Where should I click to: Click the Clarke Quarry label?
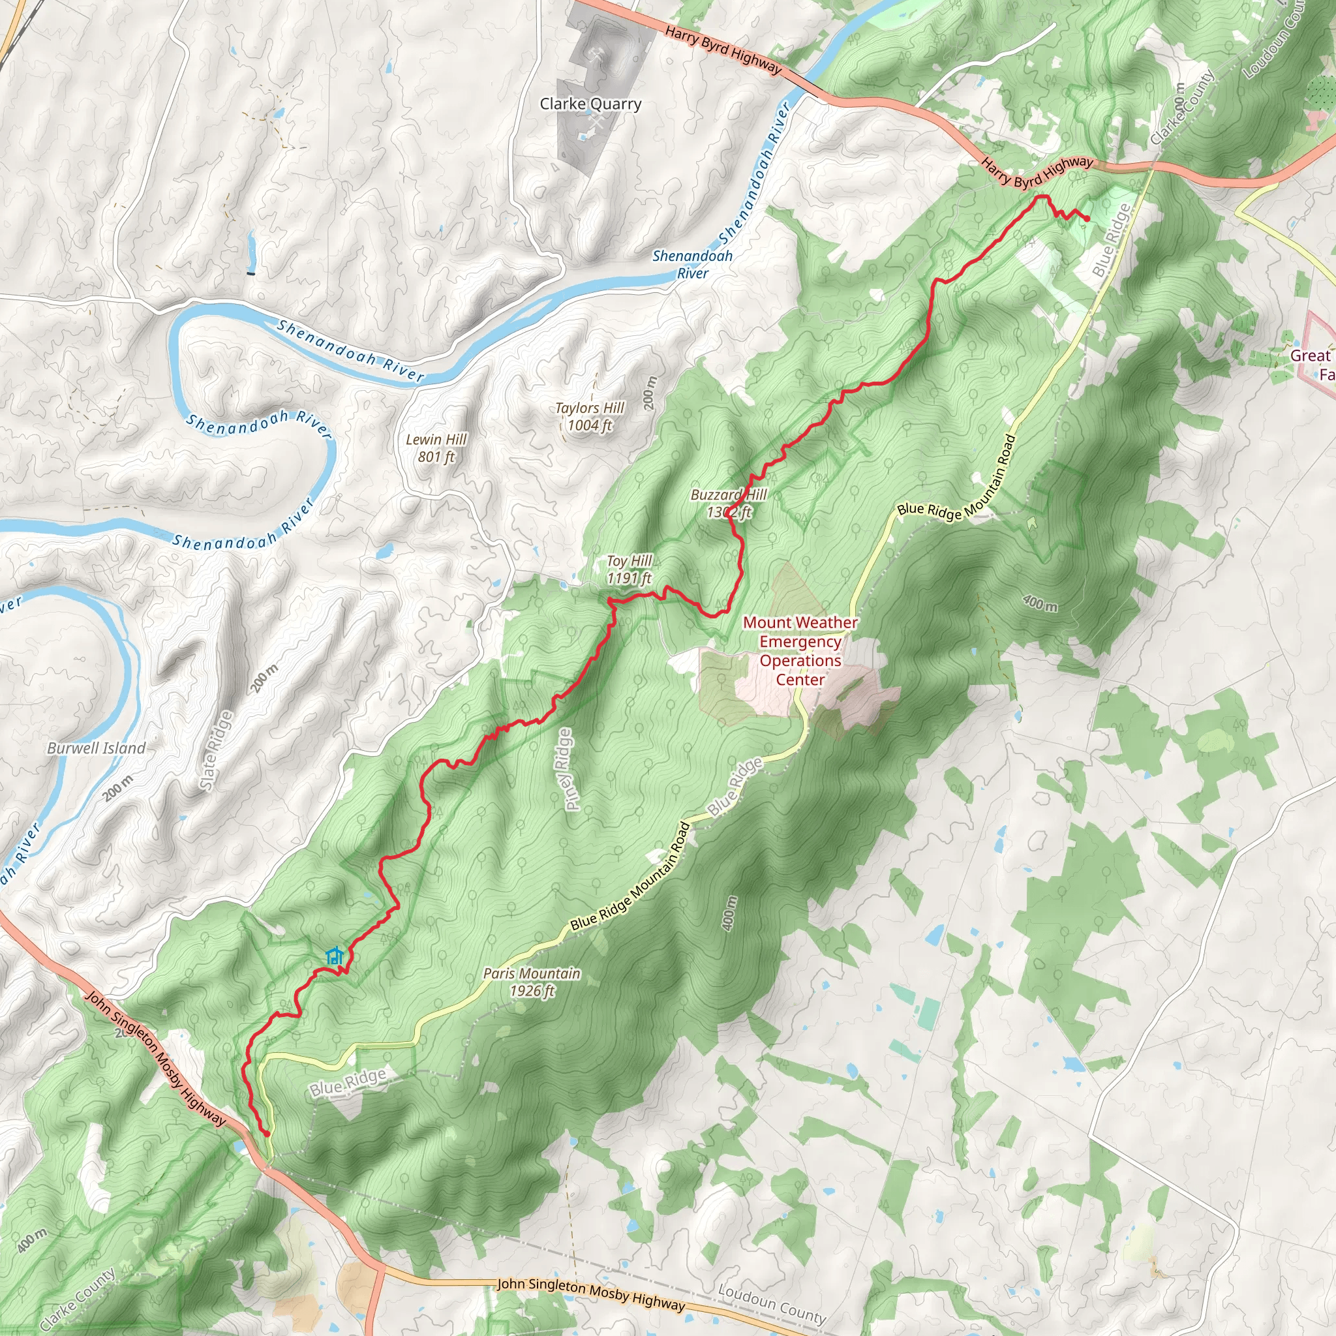pyautogui.click(x=590, y=104)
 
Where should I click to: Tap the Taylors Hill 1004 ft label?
pyautogui.click(x=589, y=417)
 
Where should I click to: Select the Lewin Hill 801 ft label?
pyautogui.click(x=436, y=448)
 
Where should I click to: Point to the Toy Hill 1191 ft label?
pyautogui.click(x=630, y=569)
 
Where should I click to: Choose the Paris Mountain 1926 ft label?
pyautogui.click(x=532, y=982)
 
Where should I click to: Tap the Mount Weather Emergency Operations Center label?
pyautogui.click(x=800, y=650)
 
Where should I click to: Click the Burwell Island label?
pyautogui.click(x=96, y=748)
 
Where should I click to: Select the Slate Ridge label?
pyautogui.click(x=216, y=750)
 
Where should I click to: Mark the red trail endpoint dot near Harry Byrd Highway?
pyautogui.click(x=1087, y=219)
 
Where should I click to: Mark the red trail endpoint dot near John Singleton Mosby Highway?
pyautogui.click(x=267, y=1134)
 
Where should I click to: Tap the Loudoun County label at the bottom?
pyautogui.click(x=772, y=1303)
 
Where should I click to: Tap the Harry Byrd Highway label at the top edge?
pyautogui.click(x=723, y=50)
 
